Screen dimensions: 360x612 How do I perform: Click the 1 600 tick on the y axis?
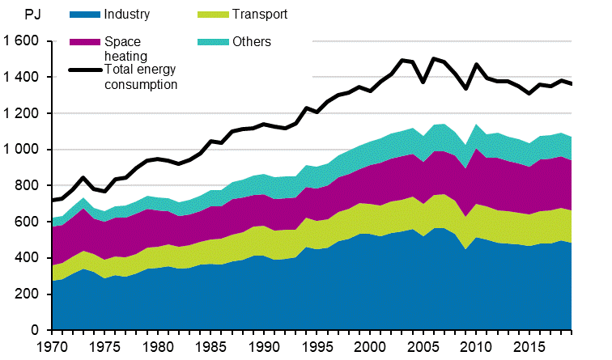tap(21, 41)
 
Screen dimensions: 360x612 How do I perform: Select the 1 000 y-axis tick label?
tap(21, 150)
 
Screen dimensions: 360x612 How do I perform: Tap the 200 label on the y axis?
tap(29, 294)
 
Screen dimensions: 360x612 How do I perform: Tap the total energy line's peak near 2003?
tap(402, 60)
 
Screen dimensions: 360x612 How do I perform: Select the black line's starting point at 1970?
tap(53, 200)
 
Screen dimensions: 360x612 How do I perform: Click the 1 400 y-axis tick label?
tap(21, 78)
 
